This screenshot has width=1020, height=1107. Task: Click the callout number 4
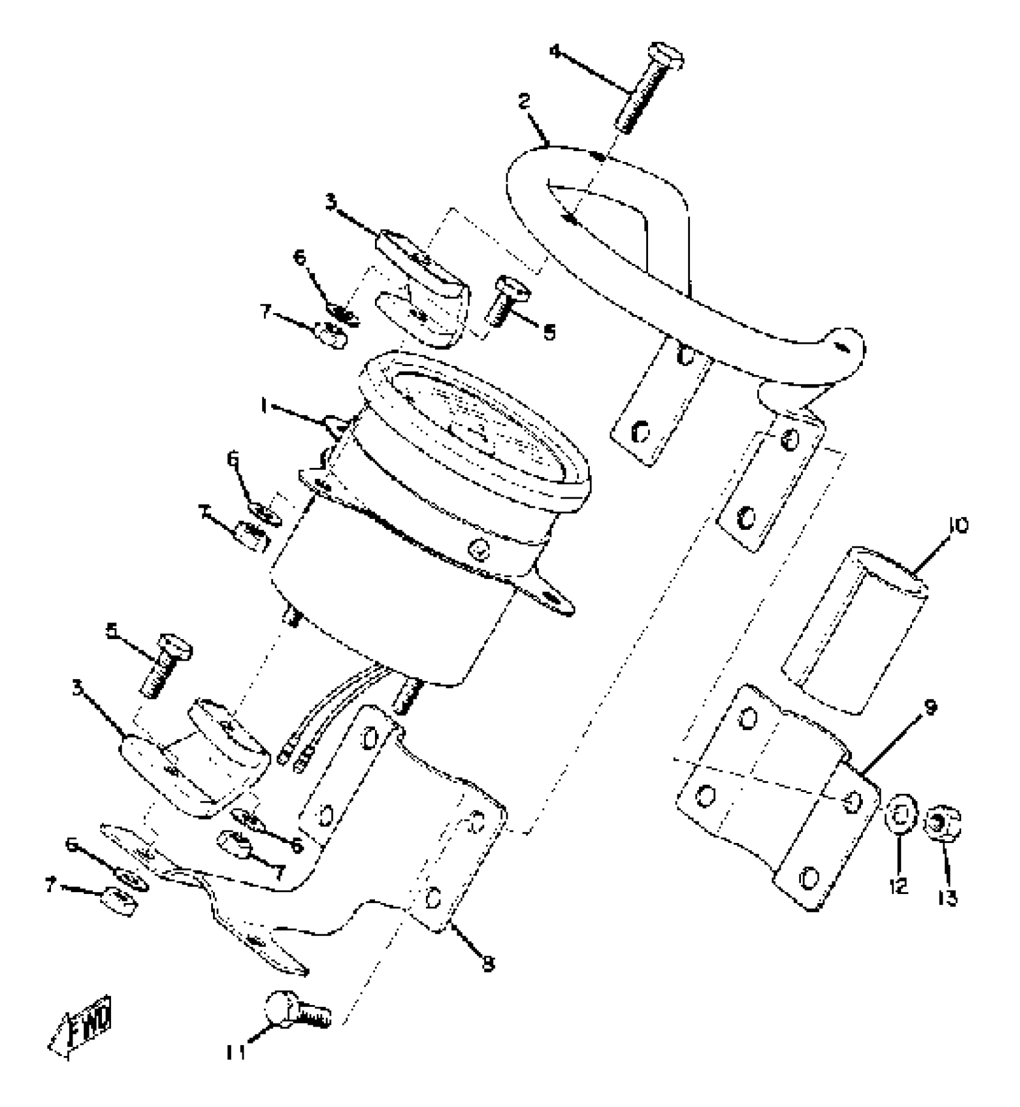[556, 52]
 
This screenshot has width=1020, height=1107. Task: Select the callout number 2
[524, 102]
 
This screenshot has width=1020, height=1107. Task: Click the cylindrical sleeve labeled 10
[855, 630]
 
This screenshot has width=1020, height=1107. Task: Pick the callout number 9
[929, 708]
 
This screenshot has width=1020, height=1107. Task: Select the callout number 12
[899, 885]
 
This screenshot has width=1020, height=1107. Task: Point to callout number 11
[236, 1052]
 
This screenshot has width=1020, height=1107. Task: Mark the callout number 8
[488, 964]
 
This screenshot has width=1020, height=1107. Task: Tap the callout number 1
[262, 406]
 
